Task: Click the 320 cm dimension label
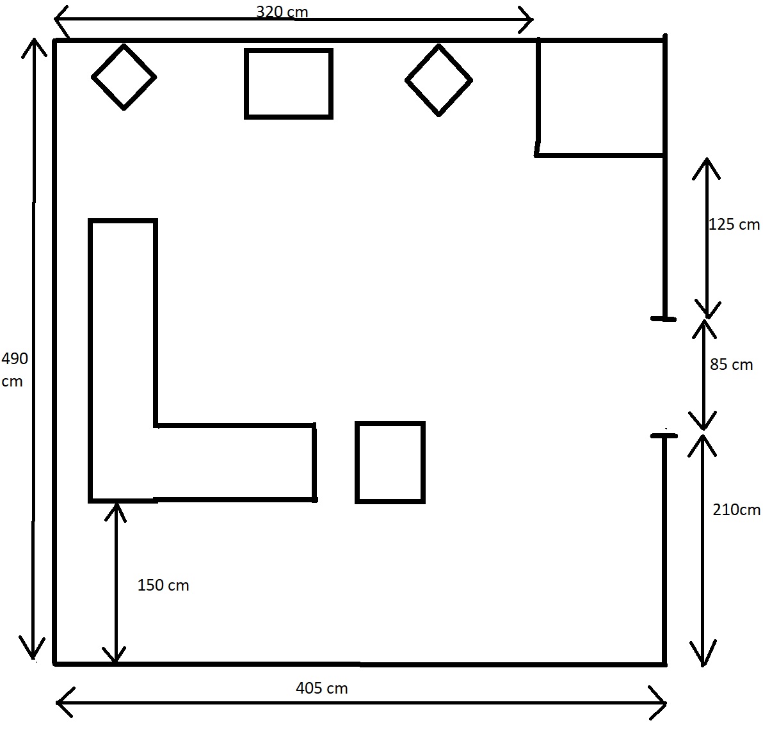point(282,11)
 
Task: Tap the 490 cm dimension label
point(15,370)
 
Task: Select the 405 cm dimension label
point(321,688)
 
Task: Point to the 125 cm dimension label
point(734,224)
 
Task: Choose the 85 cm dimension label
point(732,364)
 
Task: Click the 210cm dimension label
point(736,510)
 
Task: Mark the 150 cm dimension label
point(163,585)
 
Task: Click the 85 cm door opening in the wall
point(664,378)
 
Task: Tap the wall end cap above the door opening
point(663,319)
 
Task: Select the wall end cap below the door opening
point(664,436)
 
